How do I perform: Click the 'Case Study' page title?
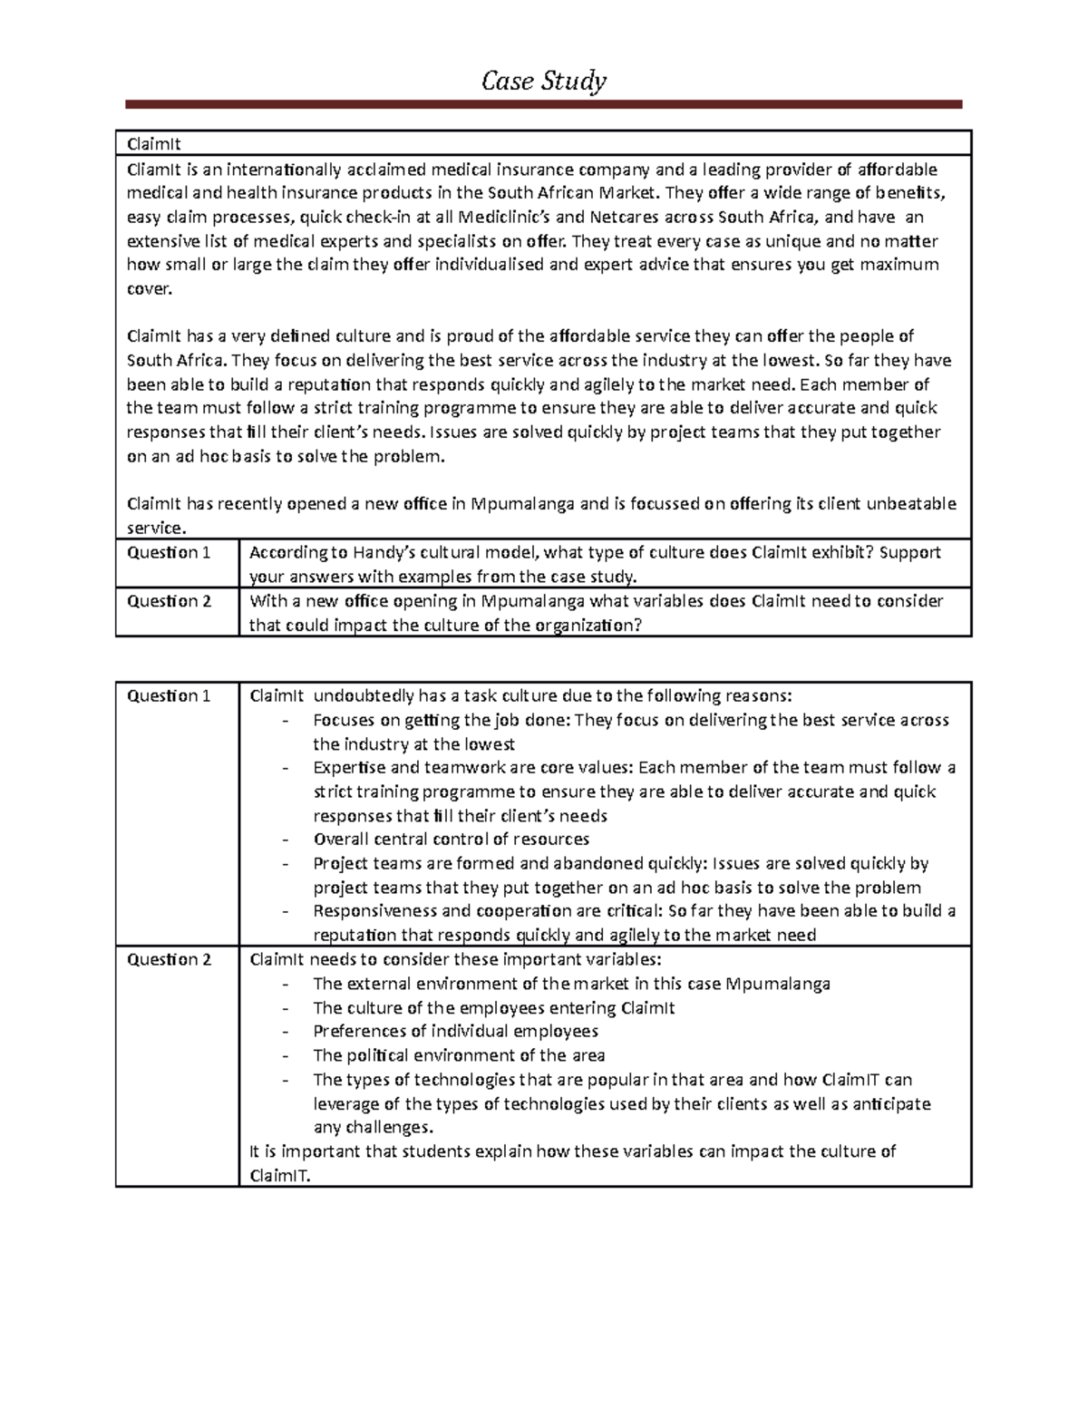click(543, 82)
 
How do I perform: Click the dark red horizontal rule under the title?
click(543, 105)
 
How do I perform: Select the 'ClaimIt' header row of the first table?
click(543, 143)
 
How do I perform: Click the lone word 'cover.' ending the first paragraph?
click(148, 289)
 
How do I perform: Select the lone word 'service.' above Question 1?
click(155, 528)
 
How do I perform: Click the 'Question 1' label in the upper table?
click(169, 553)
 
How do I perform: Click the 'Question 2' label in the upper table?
click(169, 601)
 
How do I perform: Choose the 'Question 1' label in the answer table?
click(169, 696)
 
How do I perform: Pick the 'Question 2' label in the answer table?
click(169, 960)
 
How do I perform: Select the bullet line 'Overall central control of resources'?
click(451, 840)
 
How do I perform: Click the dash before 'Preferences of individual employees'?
click(287, 1032)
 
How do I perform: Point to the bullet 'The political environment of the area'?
click(459, 1056)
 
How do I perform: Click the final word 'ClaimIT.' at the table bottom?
click(279, 1176)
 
